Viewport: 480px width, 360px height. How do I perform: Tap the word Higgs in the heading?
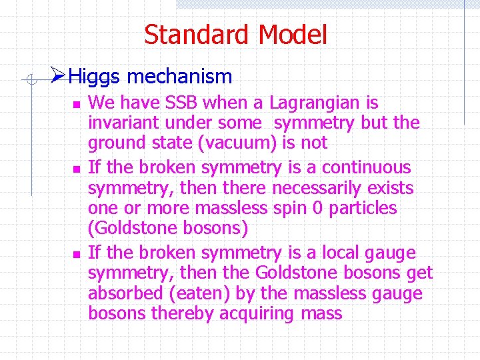pyautogui.click(x=95, y=77)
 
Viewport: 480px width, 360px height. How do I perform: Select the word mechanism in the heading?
pyautogui.click(x=179, y=77)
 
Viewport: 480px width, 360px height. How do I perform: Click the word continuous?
pyautogui.click(x=368, y=167)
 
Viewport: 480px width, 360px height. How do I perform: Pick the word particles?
pyautogui.click(x=361, y=208)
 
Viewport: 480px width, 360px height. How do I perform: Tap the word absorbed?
pyautogui.click(x=125, y=293)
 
